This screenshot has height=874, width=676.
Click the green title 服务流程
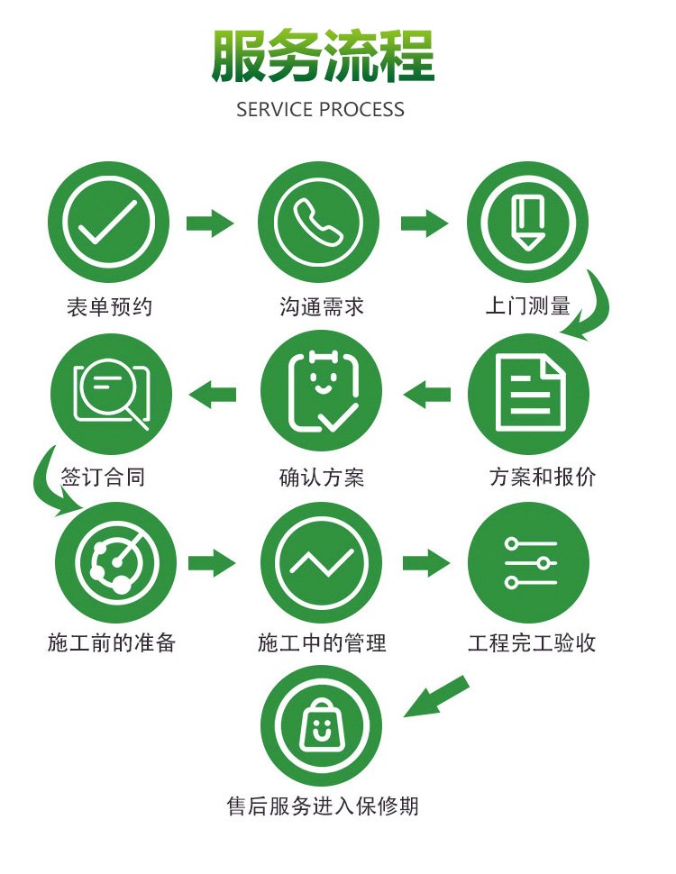click(323, 56)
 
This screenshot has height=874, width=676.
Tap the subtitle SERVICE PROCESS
click(320, 109)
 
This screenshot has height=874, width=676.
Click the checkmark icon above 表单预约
click(107, 222)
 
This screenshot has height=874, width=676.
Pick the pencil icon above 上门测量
click(527, 223)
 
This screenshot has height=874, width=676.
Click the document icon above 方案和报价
click(529, 394)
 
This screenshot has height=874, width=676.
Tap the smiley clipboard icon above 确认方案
click(323, 392)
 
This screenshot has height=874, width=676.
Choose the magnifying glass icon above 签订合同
click(112, 393)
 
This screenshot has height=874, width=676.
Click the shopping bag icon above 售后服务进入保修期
click(321, 724)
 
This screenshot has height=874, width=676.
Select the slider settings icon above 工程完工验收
click(530, 562)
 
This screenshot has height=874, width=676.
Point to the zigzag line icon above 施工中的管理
click(321, 563)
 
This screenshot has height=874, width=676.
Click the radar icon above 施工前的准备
click(116, 562)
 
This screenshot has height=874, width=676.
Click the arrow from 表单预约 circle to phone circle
click(210, 223)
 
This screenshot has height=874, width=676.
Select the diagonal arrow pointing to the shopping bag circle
click(435, 696)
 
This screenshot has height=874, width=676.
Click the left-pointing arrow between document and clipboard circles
click(426, 394)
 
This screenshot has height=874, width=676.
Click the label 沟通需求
click(322, 307)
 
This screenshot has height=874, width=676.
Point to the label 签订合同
click(103, 478)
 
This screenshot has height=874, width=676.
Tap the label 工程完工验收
click(532, 643)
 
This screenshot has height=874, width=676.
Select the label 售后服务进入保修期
click(323, 806)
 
